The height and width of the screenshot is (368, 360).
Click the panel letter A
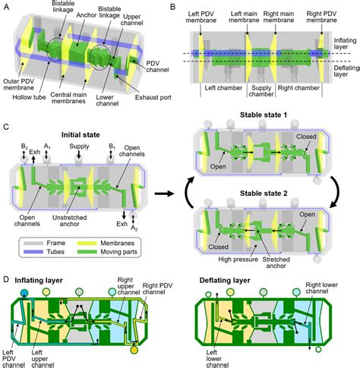(x=7, y=7)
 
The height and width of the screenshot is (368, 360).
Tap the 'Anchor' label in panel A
(x=87, y=15)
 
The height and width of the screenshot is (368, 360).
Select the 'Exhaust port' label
(x=153, y=97)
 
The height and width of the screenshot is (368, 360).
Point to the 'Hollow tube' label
(x=29, y=97)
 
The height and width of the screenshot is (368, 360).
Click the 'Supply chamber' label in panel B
(x=261, y=91)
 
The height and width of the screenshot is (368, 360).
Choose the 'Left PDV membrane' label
(x=201, y=17)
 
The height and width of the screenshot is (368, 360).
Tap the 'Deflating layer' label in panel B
(x=346, y=71)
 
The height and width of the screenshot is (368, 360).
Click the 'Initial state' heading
(x=81, y=135)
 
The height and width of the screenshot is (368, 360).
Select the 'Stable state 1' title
(x=264, y=115)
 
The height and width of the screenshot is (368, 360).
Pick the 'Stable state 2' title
(x=264, y=193)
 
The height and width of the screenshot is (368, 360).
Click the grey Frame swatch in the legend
(x=33, y=244)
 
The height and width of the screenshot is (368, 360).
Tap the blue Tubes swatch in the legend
(x=33, y=252)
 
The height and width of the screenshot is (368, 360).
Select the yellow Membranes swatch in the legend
(x=87, y=244)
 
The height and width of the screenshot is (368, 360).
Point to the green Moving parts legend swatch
(x=87, y=252)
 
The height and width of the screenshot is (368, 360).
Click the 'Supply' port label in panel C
(x=79, y=146)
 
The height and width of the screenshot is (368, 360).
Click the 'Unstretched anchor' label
(x=69, y=221)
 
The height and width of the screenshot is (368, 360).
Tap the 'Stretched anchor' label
(x=276, y=263)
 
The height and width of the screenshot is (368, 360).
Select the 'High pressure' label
(x=238, y=259)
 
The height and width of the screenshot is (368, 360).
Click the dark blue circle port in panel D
(x=24, y=293)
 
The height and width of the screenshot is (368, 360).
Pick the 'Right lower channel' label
(x=321, y=288)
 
